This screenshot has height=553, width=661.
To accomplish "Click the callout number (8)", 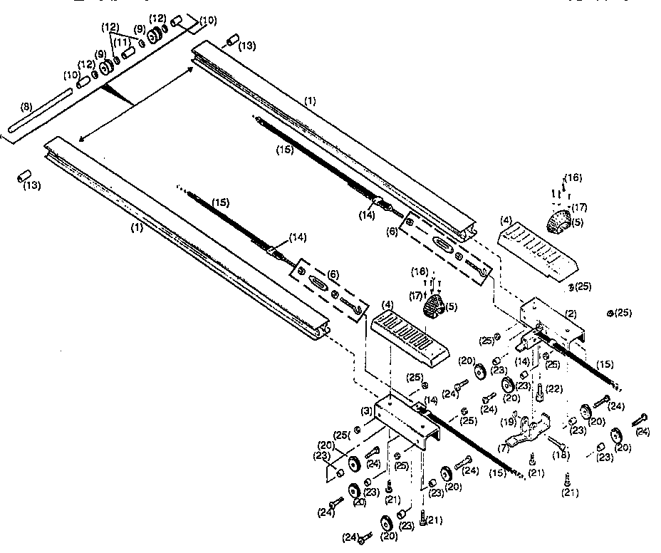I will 25,107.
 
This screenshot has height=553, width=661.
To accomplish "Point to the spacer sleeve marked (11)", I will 129,53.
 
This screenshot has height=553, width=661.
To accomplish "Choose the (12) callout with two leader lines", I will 110,27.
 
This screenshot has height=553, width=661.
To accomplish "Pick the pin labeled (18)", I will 556,444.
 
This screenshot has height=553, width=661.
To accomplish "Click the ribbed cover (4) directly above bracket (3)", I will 409,333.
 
